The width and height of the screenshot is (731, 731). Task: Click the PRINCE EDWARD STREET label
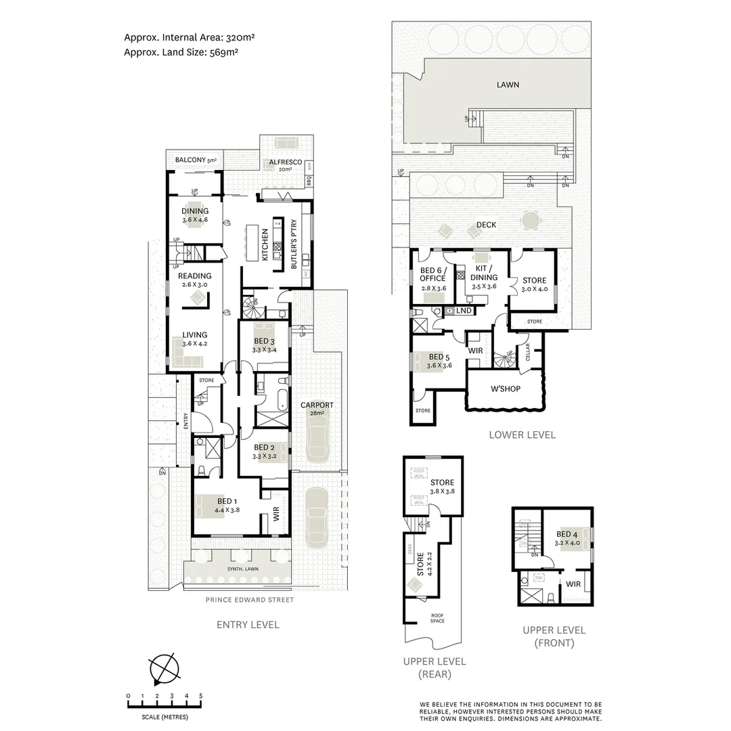(x=250, y=600)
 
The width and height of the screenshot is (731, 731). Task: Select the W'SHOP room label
(x=504, y=389)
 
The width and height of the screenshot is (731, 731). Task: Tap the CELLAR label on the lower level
(x=528, y=352)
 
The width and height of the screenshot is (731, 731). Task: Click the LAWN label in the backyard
(x=508, y=85)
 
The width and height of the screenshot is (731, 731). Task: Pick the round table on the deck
(x=531, y=221)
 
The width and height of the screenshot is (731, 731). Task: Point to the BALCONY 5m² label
(x=195, y=160)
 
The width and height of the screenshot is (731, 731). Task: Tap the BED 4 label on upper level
(x=567, y=537)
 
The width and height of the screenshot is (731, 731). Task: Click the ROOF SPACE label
(x=437, y=618)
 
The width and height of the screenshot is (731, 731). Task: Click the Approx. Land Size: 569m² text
(x=180, y=51)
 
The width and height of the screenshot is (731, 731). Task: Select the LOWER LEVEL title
(x=522, y=435)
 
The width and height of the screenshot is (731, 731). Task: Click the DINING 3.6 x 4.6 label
(x=195, y=215)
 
